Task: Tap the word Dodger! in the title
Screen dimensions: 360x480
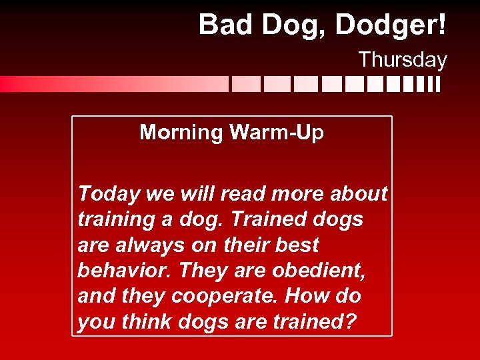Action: click(x=391, y=25)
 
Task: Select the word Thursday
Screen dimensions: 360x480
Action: click(x=403, y=60)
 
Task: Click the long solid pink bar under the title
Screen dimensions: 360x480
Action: click(x=113, y=84)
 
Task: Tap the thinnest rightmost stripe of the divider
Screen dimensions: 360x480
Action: click(x=437, y=84)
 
